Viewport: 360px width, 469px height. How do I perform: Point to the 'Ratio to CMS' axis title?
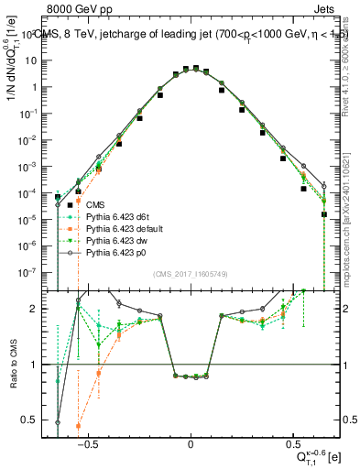click(13, 369)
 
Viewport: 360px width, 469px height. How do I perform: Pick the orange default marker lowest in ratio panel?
click(79, 426)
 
